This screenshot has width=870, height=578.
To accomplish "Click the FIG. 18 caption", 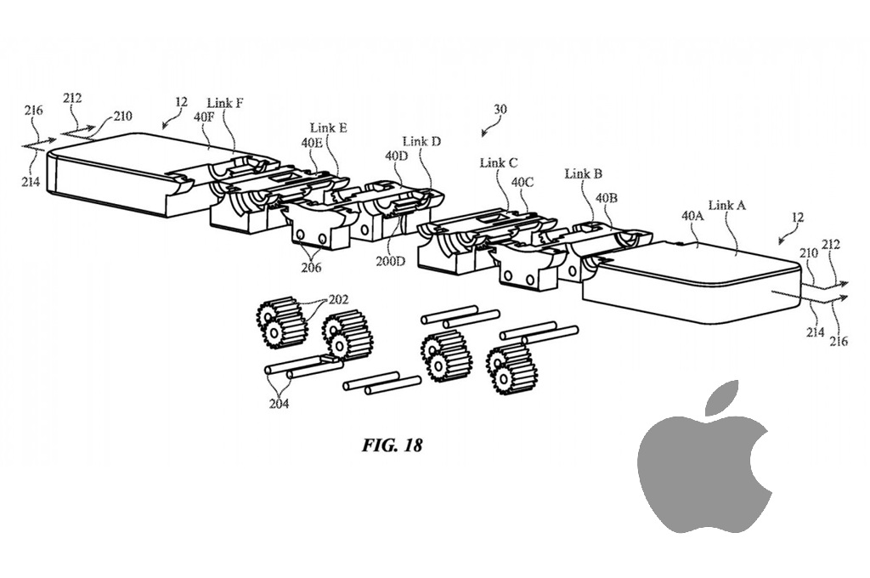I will [x=392, y=445].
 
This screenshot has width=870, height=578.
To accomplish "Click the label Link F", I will [x=225, y=103].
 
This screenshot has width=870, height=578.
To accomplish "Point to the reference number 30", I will [x=500, y=109].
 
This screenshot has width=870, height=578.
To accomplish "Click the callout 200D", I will [x=392, y=261].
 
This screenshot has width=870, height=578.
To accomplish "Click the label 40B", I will [x=607, y=198].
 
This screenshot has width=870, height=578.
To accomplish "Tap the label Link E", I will [x=328, y=128].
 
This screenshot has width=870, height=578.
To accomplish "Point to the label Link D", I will [x=421, y=141].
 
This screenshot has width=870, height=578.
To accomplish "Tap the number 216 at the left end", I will [x=33, y=110].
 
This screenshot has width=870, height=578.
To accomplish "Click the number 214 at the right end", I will [x=816, y=332].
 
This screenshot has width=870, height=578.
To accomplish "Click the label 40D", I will [x=396, y=156].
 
